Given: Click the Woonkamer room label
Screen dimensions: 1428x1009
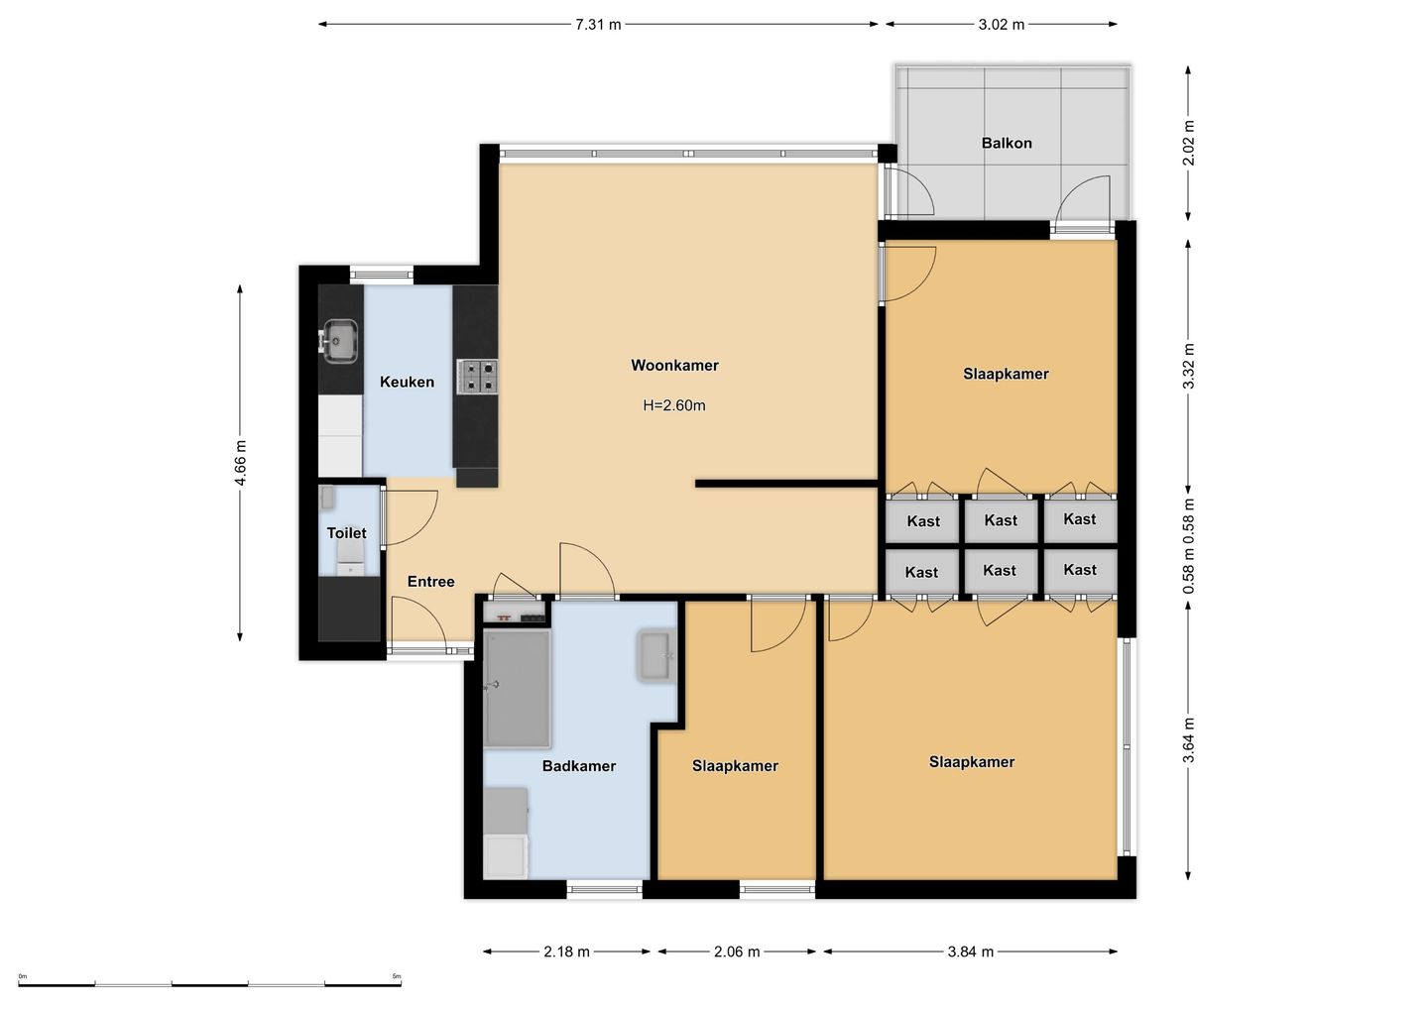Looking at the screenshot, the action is (x=674, y=365).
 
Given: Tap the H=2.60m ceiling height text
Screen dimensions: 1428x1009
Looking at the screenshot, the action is (x=674, y=405).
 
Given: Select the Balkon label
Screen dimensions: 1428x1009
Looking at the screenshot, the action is (x=1006, y=143).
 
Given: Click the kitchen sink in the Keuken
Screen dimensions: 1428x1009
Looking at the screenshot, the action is (x=339, y=341).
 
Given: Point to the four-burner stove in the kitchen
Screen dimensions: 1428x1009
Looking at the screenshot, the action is (x=477, y=377).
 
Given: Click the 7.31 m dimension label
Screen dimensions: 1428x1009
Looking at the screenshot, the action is (x=598, y=24).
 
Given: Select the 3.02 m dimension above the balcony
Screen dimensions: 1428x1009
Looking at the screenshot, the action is (x=1001, y=24).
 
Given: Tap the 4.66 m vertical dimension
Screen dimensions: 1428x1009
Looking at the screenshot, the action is (x=240, y=463).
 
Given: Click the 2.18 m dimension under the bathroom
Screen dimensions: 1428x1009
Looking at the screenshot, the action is (x=566, y=952).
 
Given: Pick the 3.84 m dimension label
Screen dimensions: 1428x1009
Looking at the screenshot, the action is (x=970, y=952).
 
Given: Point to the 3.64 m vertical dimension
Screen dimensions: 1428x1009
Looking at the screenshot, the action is (x=1188, y=740).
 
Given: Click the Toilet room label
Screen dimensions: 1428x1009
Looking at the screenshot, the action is (x=346, y=532).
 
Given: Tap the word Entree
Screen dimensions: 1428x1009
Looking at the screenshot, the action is (x=431, y=581).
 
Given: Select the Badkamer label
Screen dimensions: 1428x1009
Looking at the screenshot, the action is (x=579, y=765).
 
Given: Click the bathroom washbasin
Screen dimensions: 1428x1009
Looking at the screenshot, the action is (x=656, y=656).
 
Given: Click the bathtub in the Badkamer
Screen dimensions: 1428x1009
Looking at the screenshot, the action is (x=517, y=689).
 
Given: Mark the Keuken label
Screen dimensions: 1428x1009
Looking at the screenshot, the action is (x=407, y=382).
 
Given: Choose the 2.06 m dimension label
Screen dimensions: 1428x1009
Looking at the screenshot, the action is (x=736, y=952).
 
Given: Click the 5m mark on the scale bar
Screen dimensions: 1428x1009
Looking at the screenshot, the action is (x=397, y=976).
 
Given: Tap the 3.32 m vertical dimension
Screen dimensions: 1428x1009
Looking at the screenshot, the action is (x=1188, y=366).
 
